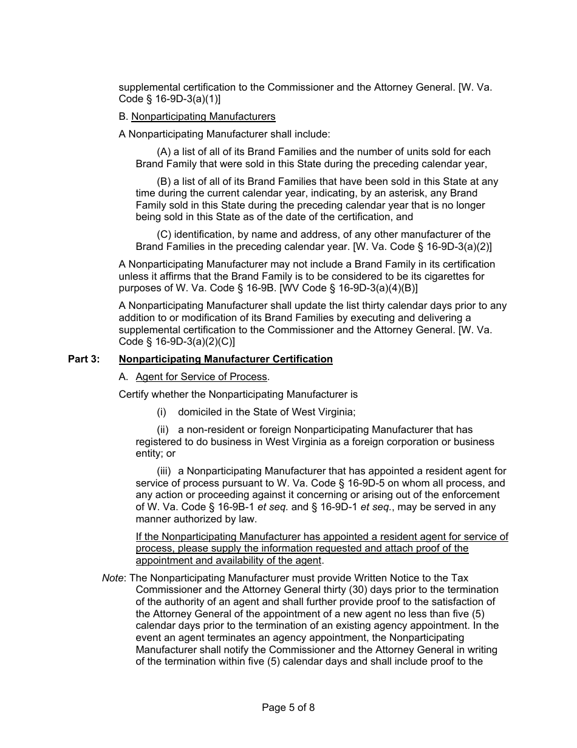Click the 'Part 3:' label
84,359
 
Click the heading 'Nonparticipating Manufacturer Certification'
226,359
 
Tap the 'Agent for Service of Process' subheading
201,377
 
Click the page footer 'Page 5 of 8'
288,707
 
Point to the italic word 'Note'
112,578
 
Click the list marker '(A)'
164,152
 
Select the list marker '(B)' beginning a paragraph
164,182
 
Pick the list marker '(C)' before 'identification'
164,235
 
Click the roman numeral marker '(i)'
162,412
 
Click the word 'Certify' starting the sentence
135,395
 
